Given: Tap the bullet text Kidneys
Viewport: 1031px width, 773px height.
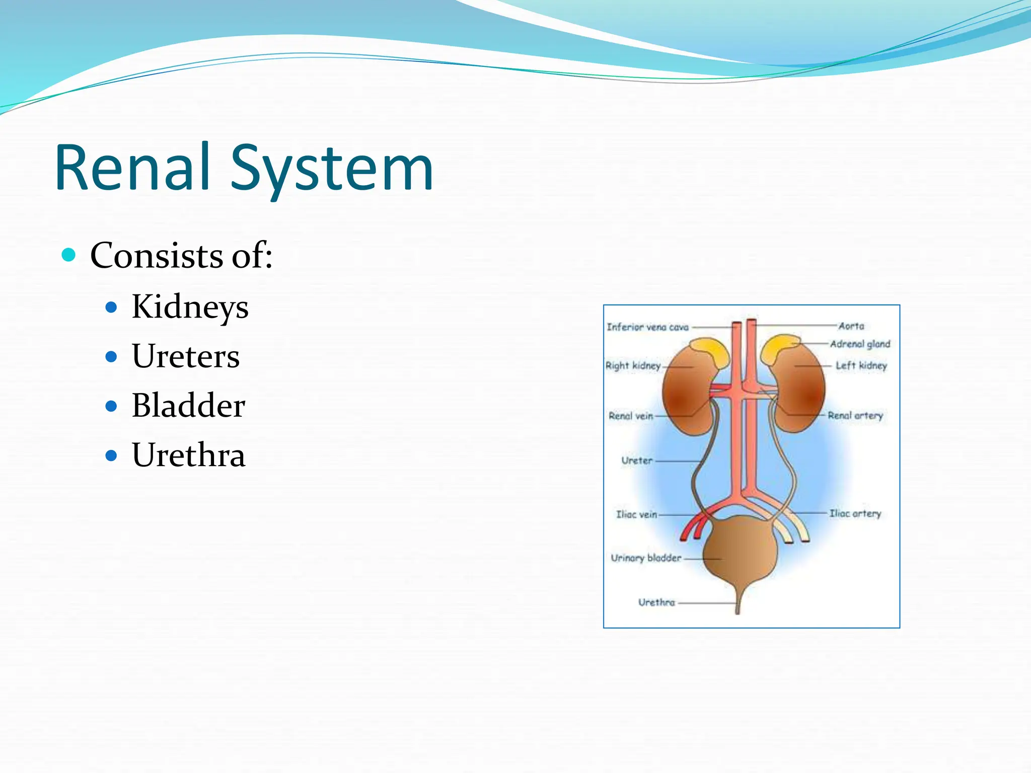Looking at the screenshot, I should click(x=190, y=306).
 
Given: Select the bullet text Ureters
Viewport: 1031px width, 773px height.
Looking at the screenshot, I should click(x=186, y=356).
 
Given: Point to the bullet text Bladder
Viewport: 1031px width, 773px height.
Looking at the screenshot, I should click(x=188, y=406).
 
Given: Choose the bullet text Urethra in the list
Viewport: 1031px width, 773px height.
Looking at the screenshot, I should click(x=188, y=455).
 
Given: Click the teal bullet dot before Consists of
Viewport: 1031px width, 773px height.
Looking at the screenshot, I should click(x=68, y=255).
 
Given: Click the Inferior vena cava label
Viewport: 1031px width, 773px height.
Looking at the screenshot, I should click(x=647, y=327).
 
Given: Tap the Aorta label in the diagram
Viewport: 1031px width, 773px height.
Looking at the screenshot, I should click(x=851, y=326).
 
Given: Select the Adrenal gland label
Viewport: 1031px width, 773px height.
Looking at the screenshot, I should click(x=860, y=344).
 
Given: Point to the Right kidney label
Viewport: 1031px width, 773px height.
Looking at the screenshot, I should click(x=633, y=365).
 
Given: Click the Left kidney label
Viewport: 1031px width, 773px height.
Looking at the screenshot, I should click(x=861, y=365).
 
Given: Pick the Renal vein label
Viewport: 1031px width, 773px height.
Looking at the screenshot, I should click(x=631, y=416).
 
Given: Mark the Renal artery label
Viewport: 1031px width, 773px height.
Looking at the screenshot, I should click(x=855, y=416).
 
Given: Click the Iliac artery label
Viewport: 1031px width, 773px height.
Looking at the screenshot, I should click(x=855, y=513).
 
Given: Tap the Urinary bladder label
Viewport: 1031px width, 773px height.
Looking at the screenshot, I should click(x=646, y=558).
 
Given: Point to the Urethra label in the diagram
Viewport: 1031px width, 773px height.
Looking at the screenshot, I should click(x=656, y=602).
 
